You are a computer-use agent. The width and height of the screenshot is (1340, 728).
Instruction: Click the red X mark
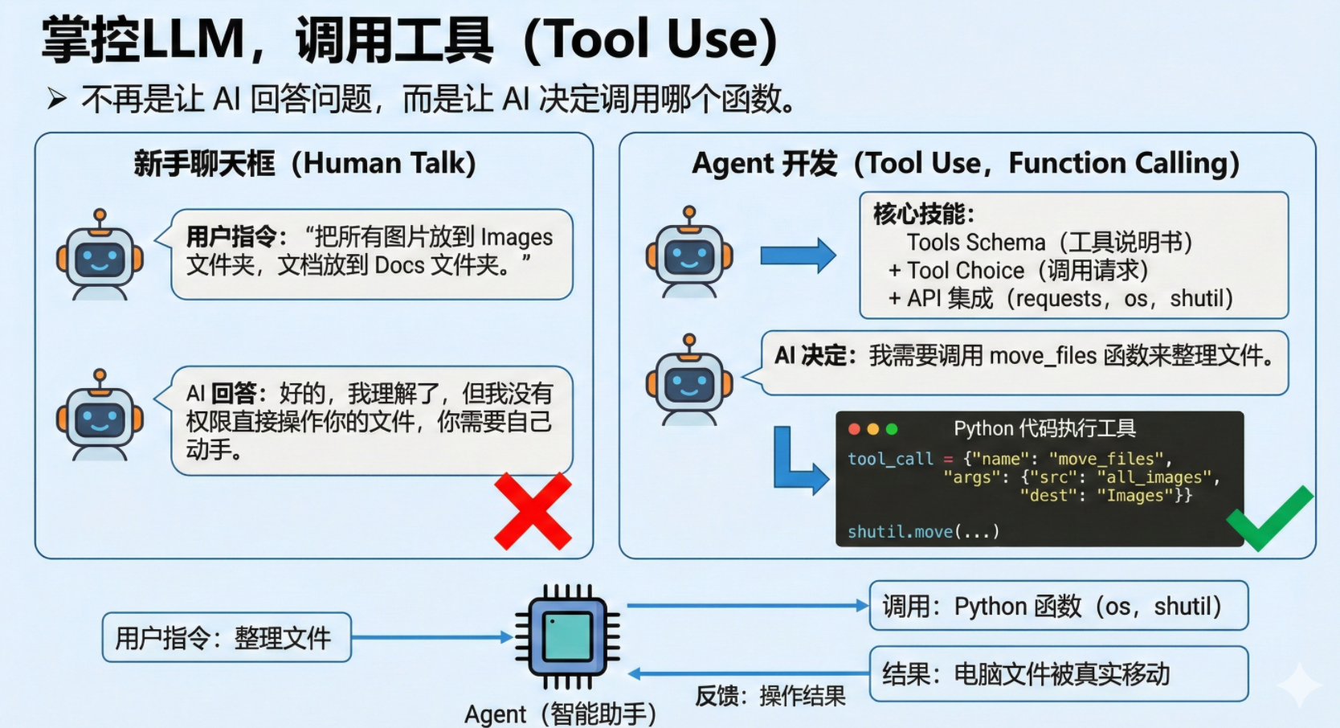tap(533, 511)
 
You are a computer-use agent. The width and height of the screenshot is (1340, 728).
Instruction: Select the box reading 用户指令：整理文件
tap(226, 638)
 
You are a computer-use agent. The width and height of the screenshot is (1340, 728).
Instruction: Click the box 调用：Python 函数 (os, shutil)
tap(1058, 606)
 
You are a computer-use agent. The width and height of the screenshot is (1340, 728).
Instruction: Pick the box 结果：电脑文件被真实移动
tap(1058, 673)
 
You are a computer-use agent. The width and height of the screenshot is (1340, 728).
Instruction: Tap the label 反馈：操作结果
tap(770, 696)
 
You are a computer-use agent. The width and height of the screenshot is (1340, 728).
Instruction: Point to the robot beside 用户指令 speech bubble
tap(100, 256)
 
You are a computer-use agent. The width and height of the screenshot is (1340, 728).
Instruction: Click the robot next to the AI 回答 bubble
tap(100, 415)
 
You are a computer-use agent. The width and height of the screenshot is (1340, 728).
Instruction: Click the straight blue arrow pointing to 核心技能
tap(797, 256)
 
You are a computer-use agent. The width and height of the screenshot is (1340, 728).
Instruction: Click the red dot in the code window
tap(854, 429)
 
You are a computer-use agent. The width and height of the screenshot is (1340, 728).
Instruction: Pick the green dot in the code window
tap(892, 429)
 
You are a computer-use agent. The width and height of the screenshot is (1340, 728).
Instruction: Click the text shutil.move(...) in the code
tap(923, 531)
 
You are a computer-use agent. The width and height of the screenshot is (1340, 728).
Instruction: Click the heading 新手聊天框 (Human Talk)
tap(304, 164)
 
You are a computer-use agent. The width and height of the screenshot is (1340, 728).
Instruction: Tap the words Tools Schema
tap(975, 242)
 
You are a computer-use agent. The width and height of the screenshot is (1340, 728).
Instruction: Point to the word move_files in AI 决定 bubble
tap(1043, 355)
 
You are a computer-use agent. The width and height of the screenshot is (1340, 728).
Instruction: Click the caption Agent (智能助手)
tap(560, 714)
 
